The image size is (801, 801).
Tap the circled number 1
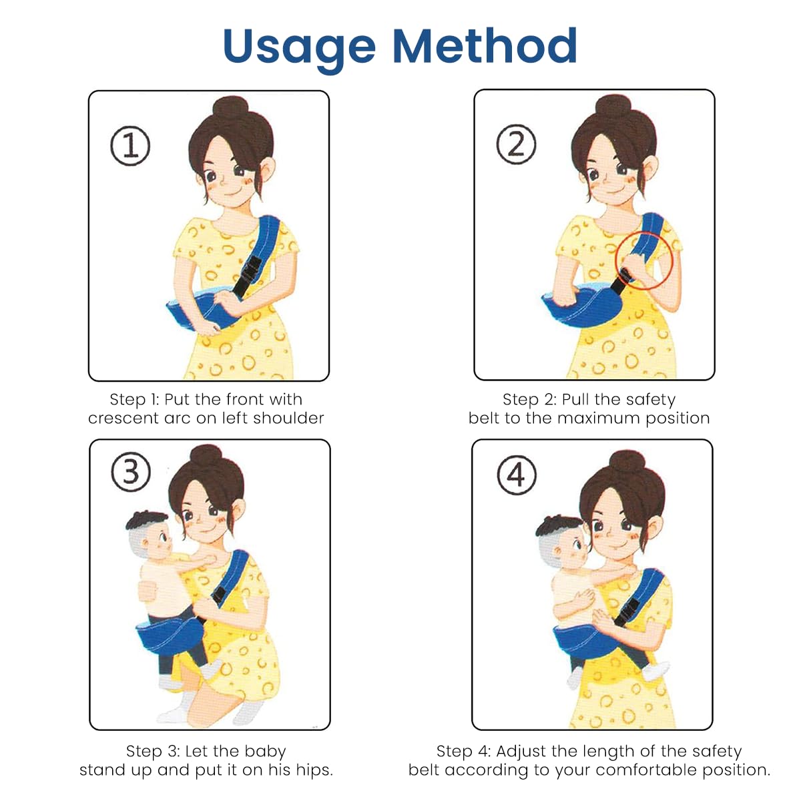[x=130, y=146]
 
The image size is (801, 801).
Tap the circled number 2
[x=516, y=144]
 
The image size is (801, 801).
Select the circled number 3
[x=130, y=473]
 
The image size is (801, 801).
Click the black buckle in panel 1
[x=248, y=274]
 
